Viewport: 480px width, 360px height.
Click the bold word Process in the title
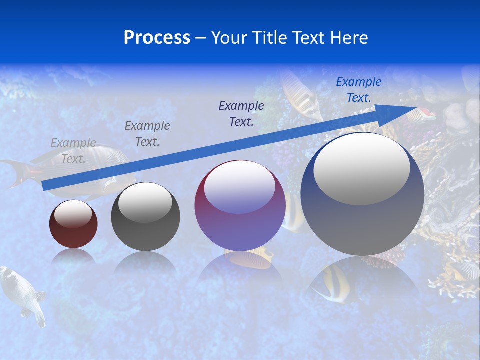[x=157, y=37]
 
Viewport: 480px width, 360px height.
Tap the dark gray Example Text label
[x=147, y=134]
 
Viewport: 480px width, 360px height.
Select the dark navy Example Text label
[x=241, y=113]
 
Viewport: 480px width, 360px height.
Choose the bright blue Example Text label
[x=358, y=90]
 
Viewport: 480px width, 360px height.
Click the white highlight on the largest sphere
[x=362, y=170]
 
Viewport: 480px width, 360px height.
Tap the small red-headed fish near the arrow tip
[x=422, y=115]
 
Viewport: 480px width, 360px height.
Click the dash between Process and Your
[x=201, y=38]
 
